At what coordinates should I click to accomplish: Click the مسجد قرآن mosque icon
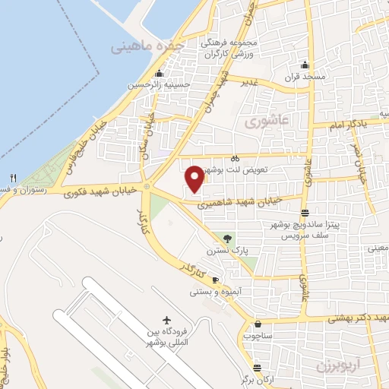305,65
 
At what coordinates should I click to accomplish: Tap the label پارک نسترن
225,251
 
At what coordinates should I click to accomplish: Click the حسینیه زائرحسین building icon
159,74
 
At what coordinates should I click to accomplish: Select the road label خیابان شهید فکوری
90,189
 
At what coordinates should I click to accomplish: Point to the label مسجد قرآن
305,77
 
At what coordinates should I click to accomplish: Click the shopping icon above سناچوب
258,323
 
